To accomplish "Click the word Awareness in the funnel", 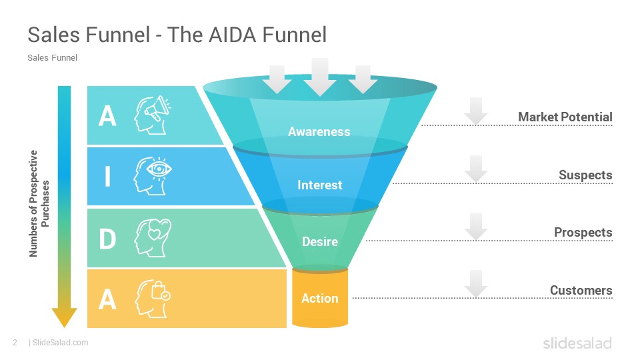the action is coord(319,131).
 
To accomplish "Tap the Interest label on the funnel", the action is coord(319,185).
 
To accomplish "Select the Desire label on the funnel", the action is coord(319,241).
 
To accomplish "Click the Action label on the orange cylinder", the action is coord(319,299).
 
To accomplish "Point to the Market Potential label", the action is coord(565,117).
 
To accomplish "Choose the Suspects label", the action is coord(585,175).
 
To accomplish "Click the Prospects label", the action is coord(583,232).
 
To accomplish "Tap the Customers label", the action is coord(581,290).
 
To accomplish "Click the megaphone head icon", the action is coord(153,115).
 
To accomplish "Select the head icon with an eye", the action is coord(153,176).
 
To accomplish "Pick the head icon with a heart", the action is coord(153,237).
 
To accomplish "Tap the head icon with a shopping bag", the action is coord(153,299).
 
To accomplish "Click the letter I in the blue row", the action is coord(107,176).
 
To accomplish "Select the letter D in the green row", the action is coord(107,239).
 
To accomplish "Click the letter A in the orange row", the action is coord(107,299).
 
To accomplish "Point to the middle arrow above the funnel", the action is coord(320,77).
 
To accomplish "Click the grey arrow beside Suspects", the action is coord(476,169).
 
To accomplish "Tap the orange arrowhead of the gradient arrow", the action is coord(64,317).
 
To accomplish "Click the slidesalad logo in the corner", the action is coord(577,343).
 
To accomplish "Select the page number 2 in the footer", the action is coord(15,343).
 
